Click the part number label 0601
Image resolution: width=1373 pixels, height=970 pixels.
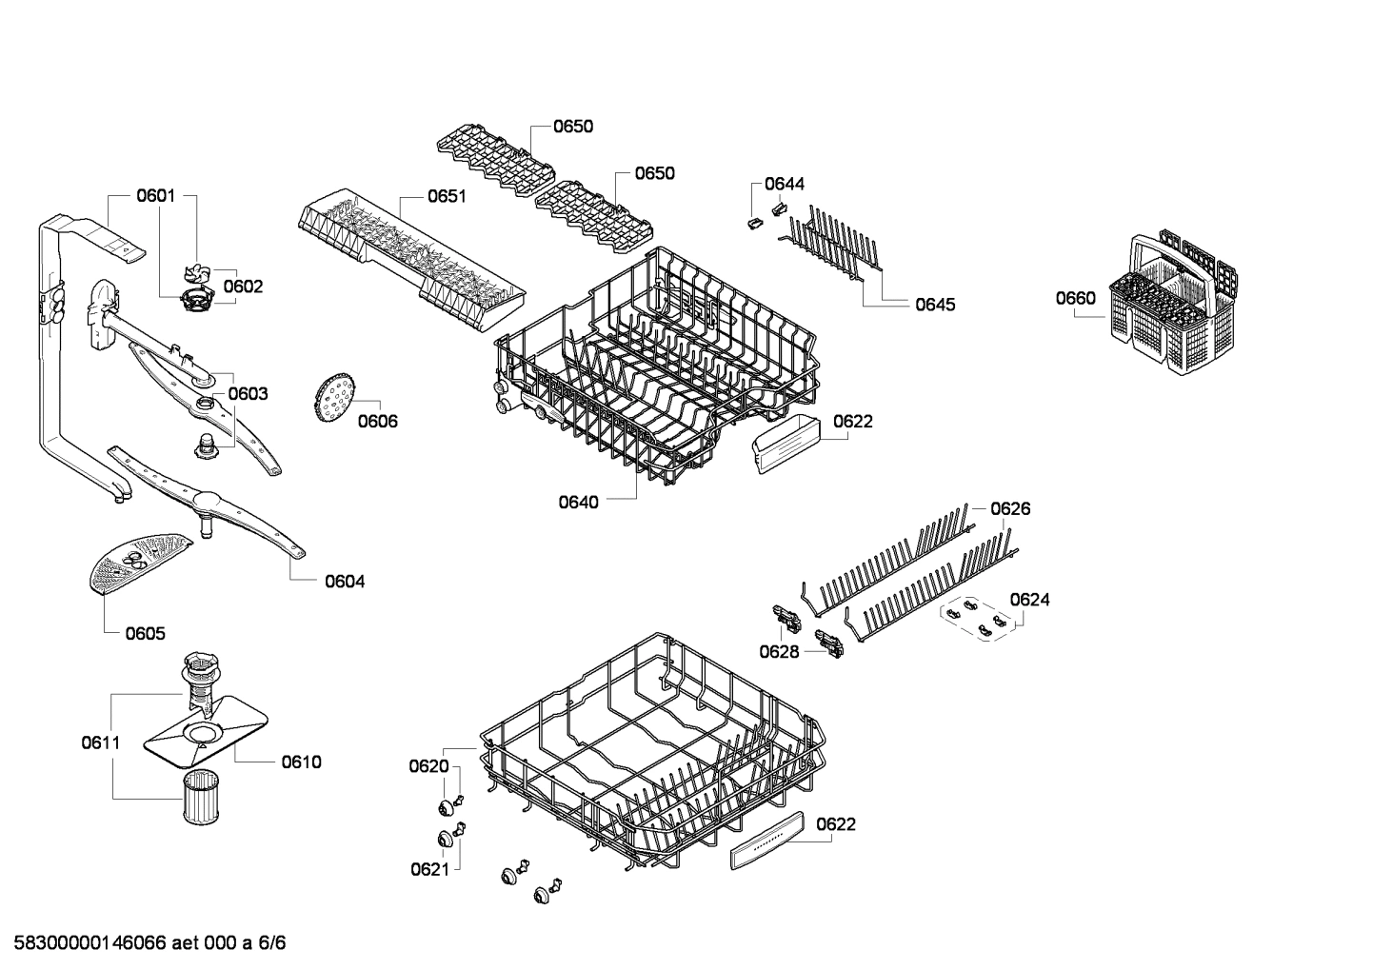click(x=155, y=196)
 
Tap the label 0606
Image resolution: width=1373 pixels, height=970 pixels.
click(x=378, y=422)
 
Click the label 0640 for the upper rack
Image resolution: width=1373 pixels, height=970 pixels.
click(x=579, y=502)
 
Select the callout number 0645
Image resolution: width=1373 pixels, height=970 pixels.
click(x=935, y=305)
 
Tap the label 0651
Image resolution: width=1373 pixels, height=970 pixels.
click(x=447, y=196)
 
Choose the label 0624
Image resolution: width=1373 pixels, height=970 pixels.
click(x=1029, y=600)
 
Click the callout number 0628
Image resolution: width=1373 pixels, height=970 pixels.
click(x=779, y=651)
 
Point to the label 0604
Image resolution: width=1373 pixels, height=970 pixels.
click(x=345, y=582)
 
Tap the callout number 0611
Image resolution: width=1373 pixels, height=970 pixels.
click(x=100, y=742)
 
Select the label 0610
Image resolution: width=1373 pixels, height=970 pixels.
click(x=301, y=762)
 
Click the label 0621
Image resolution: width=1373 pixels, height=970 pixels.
click(x=429, y=868)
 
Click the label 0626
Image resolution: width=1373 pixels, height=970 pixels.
click(x=1010, y=509)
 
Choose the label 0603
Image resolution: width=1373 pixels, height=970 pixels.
click(x=248, y=394)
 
